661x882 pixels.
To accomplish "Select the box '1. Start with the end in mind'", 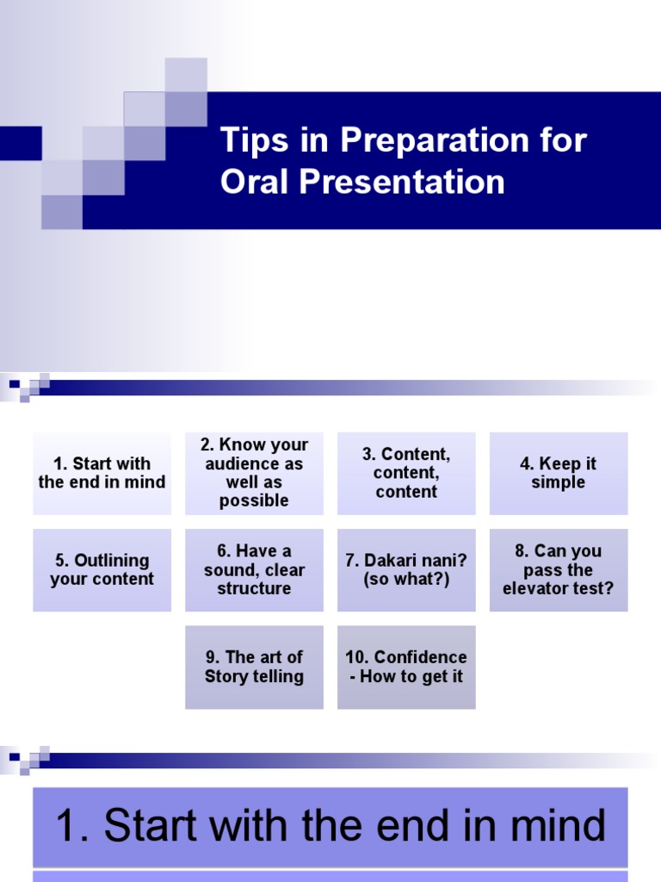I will (x=102, y=473).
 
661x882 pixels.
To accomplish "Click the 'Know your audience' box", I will (x=254, y=473).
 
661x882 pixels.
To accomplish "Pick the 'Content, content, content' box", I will (x=406, y=473).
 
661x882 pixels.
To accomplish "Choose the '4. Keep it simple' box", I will (x=559, y=473).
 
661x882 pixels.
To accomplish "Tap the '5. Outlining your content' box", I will (x=102, y=569).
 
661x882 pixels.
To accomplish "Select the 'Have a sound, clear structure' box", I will (x=254, y=569).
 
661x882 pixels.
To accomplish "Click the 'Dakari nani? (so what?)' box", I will (x=406, y=569).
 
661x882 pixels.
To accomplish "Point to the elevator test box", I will (x=559, y=569).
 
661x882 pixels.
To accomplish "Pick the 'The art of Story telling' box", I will (x=254, y=667).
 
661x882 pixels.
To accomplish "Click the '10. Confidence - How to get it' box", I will (x=406, y=667).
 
